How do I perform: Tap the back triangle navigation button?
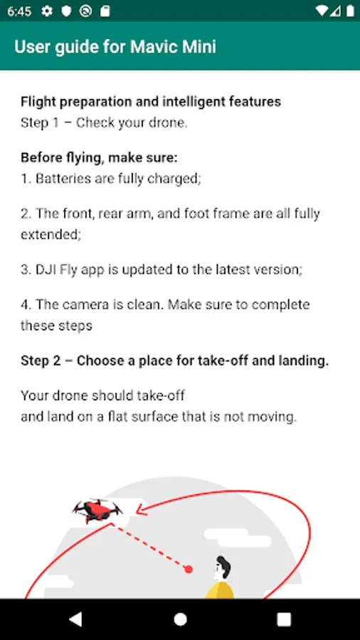(75, 619)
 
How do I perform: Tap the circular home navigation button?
(180, 619)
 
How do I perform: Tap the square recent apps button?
(284, 619)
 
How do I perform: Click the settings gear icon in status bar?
(47, 11)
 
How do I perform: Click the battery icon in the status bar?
(350, 11)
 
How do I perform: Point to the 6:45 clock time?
(19, 11)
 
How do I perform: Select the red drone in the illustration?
(97, 510)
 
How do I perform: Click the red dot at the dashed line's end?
(188, 569)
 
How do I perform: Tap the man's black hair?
(224, 566)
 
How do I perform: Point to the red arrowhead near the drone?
(142, 508)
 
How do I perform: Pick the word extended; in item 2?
(51, 235)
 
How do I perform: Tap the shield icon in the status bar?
(66, 11)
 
